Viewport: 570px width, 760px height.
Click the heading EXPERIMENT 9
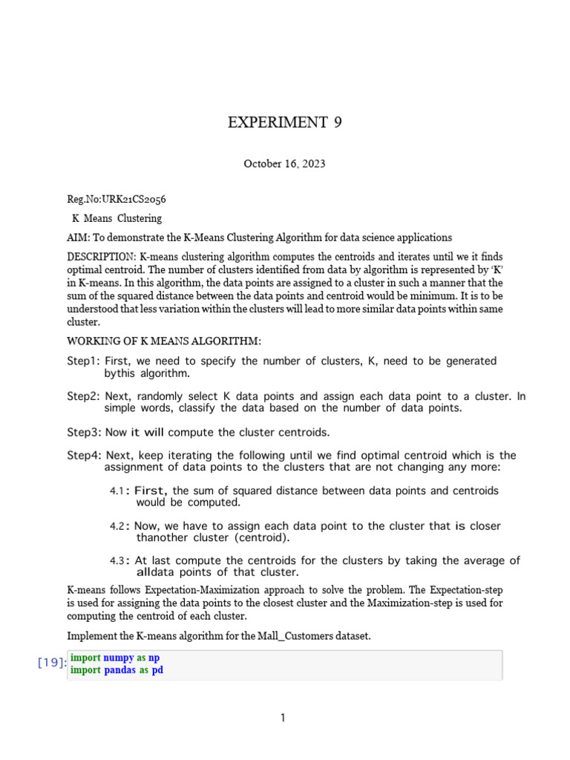coord(285,123)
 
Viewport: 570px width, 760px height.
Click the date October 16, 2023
coord(284,163)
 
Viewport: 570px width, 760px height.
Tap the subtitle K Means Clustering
coord(117,218)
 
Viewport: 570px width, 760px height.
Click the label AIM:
coord(79,237)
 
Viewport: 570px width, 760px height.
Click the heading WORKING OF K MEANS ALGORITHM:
coord(164,341)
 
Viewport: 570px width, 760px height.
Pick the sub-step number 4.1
coord(116,491)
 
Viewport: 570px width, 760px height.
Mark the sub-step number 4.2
coord(117,526)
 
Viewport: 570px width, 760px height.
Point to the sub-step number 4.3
coord(117,561)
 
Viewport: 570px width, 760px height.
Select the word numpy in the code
coord(119,658)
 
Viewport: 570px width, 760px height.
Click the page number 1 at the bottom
coord(284,718)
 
